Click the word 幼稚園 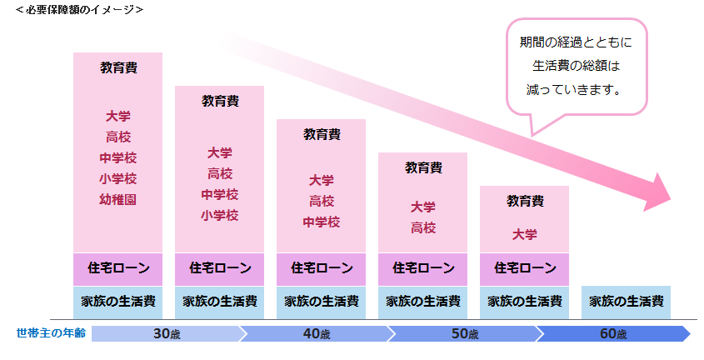click(x=117, y=200)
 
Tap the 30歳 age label click(x=167, y=334)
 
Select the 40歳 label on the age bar click(x=317, y=334)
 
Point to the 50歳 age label click(x=464, y=334)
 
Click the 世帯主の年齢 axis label click(x=50, y=334)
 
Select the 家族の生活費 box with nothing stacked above click(x=627, y=301)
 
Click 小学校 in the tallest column click(x=117, y=179)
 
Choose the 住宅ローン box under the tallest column click(x=118, y=268)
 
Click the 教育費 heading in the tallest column click(x=118, y=67)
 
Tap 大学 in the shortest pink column click(x=525, y=235)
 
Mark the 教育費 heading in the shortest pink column click(x=525, y=201)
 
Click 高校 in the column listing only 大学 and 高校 click(x=423, y=227)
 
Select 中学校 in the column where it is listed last click(x=322, y=222)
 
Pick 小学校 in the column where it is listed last click(x=220, y=216)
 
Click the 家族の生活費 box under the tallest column click(x=118, y=301)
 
